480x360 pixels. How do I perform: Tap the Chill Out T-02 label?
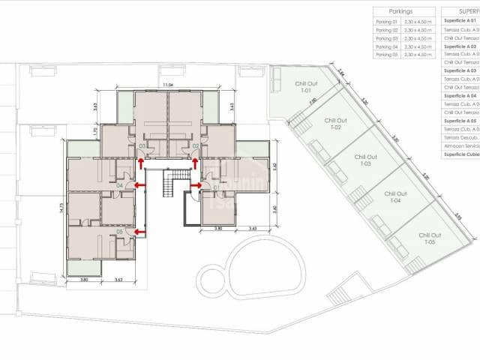[333, 124]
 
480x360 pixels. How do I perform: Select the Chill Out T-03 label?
[365, 160]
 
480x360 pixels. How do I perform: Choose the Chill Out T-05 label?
[429, 238]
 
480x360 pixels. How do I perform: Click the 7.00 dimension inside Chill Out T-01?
[313, 101]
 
